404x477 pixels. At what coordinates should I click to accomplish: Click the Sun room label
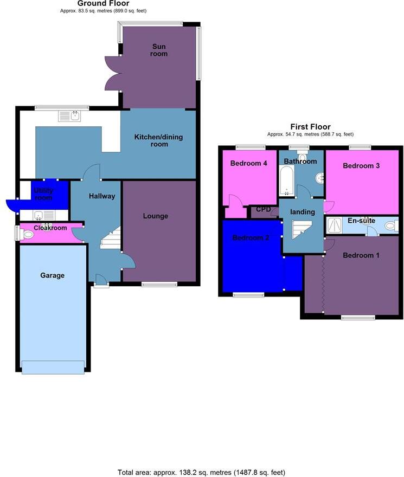coord(159,50)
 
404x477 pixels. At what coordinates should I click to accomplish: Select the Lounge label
coord(156,216)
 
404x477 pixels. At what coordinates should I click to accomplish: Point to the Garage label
coord(52,275)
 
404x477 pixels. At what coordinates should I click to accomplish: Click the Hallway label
coord(102,196)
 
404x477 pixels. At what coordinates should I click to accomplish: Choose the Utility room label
coord(43,194)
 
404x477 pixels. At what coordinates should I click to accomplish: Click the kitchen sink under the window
coord(69,115)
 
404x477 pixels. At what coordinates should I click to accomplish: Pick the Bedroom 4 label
coord(249,163)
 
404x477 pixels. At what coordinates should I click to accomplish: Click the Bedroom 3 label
coord(361,166)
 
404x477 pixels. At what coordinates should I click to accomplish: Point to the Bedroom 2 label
coord(251,237)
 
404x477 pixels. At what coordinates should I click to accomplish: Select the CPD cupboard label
coord(264,209)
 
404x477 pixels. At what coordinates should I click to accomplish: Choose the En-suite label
coord(361,221)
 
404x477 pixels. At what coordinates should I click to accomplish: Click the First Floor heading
coord(310,127)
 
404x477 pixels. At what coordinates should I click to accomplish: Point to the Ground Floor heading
coord(103,4)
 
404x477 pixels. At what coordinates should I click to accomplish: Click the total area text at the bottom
coord(202,472)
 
